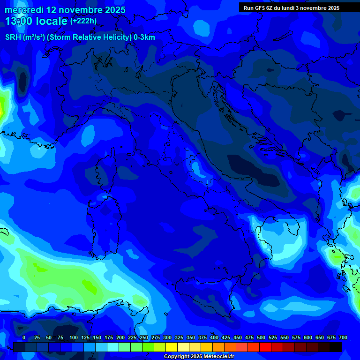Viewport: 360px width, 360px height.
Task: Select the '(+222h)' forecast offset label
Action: [x=83, y=21]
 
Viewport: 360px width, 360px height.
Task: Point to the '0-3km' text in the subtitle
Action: [x=144, y=37]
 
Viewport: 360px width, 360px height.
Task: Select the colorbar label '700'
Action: [x=343, y=337]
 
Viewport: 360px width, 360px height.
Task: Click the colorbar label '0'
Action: [x=24, y=337]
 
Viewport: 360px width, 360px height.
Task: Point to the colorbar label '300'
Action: [x=167, y=337]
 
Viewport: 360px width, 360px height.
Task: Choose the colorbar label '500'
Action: [x=261, y=337]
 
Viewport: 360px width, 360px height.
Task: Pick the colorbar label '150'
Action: [x=97, y=337]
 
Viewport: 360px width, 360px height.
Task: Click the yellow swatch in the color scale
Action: [x=172, y=347]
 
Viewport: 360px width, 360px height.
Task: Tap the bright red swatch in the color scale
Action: [x=265, y=347]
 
